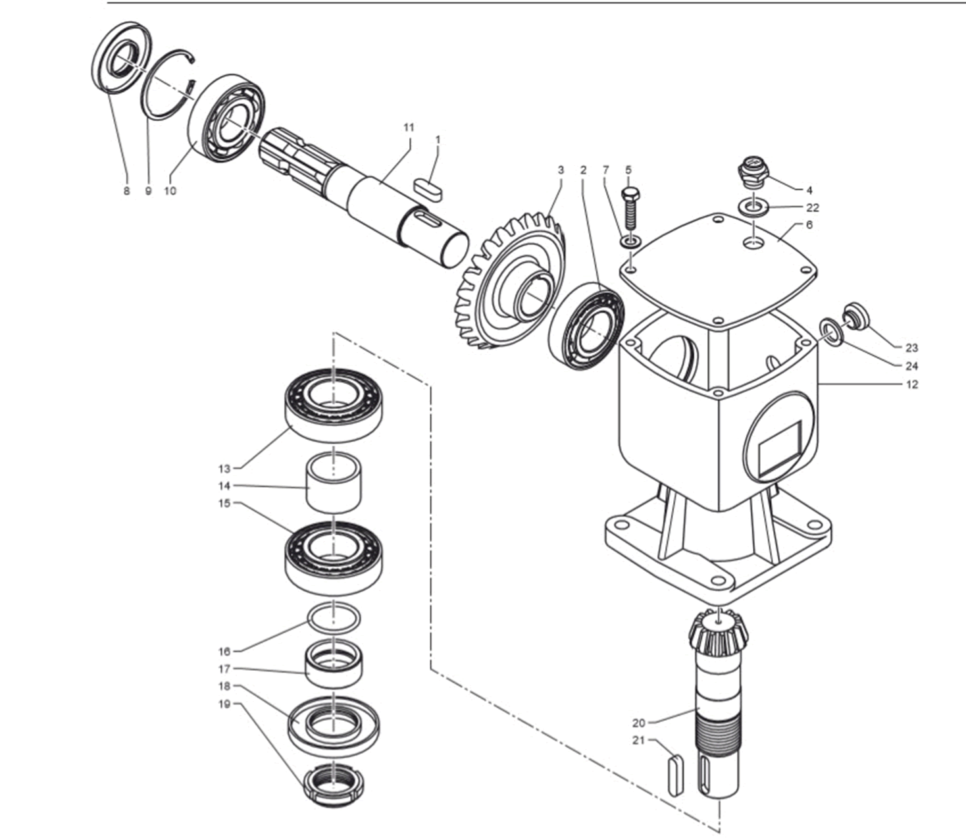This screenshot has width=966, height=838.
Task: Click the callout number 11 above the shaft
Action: [409, 127]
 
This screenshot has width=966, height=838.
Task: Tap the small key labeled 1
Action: [431, 184]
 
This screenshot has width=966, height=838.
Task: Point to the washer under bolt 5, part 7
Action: [630, 241]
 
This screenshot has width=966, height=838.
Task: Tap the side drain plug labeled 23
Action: [856, 315]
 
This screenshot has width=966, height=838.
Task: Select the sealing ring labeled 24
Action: [832, 331]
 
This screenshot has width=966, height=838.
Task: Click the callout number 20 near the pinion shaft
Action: [638, 722]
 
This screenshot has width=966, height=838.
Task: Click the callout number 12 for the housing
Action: [911, 384]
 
